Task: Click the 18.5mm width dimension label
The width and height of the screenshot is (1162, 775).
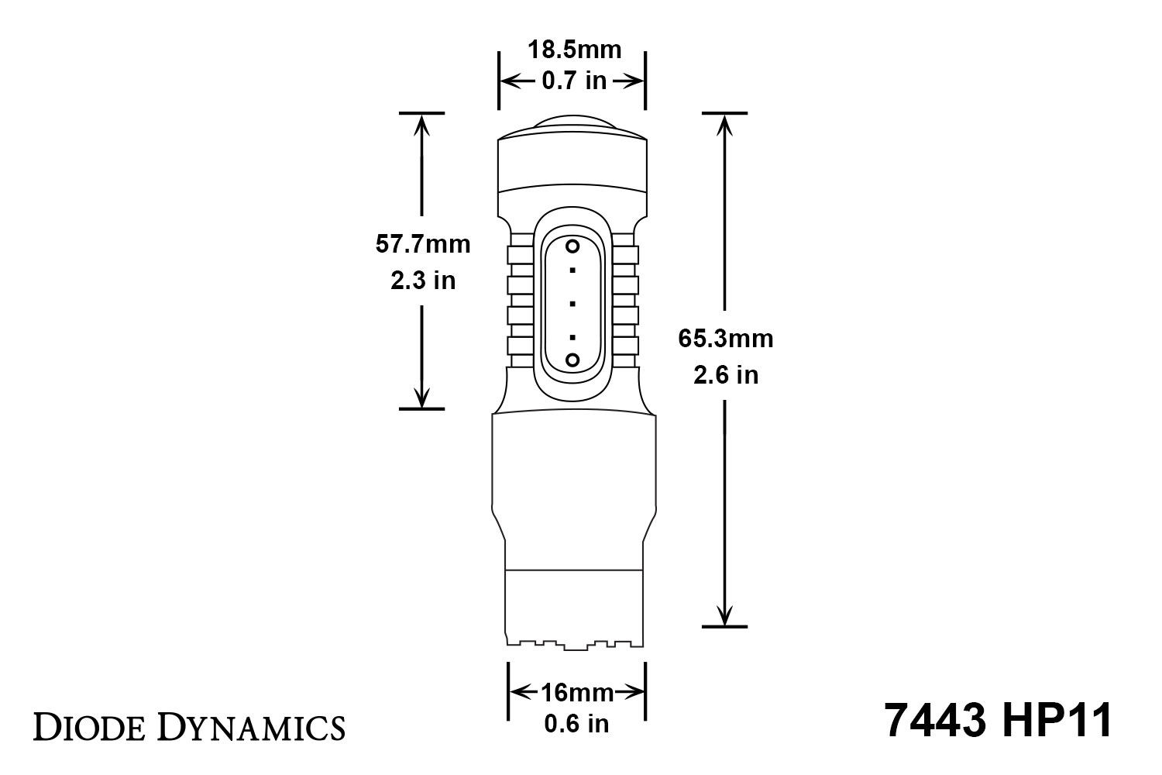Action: point(574,50)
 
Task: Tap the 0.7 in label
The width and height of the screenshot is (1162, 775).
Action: point(574,81)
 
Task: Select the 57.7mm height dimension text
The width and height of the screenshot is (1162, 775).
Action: point(423,244)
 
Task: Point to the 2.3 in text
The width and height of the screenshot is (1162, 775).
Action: point(423,281)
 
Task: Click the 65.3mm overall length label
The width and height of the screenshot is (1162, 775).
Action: point(726,339)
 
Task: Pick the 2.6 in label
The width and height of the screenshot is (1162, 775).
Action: point(726,375)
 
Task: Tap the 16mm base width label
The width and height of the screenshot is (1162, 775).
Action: point(577,693)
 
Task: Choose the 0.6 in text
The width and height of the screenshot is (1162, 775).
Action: point(577,724)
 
